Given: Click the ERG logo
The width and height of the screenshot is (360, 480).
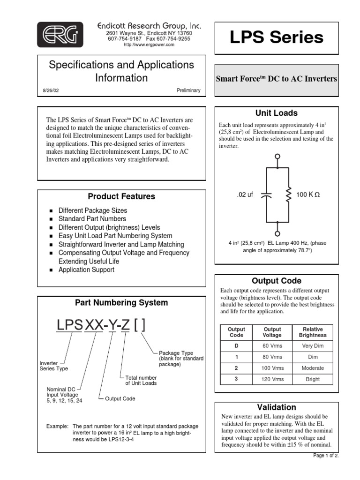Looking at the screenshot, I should pos(60,34).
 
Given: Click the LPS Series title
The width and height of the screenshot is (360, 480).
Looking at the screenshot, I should pos(276,37).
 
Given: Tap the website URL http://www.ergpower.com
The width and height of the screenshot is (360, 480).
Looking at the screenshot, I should pos(149,45).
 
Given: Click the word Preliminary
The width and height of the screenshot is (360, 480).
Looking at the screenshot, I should pos(188,90).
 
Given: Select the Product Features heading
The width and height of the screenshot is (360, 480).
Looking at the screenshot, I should pos(121,196).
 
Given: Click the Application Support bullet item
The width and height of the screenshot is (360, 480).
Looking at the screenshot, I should pos(86,270).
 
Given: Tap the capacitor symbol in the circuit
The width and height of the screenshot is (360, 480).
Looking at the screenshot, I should pos(266,195).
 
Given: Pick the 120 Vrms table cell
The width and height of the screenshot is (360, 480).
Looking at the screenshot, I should pos(272,379).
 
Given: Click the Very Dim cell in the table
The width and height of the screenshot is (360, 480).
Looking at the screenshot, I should pos(312,346).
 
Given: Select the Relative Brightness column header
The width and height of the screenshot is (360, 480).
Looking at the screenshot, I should pos(312,332).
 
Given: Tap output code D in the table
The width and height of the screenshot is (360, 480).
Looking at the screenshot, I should pos(236,346).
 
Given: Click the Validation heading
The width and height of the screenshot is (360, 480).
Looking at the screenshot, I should pos(277,407).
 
